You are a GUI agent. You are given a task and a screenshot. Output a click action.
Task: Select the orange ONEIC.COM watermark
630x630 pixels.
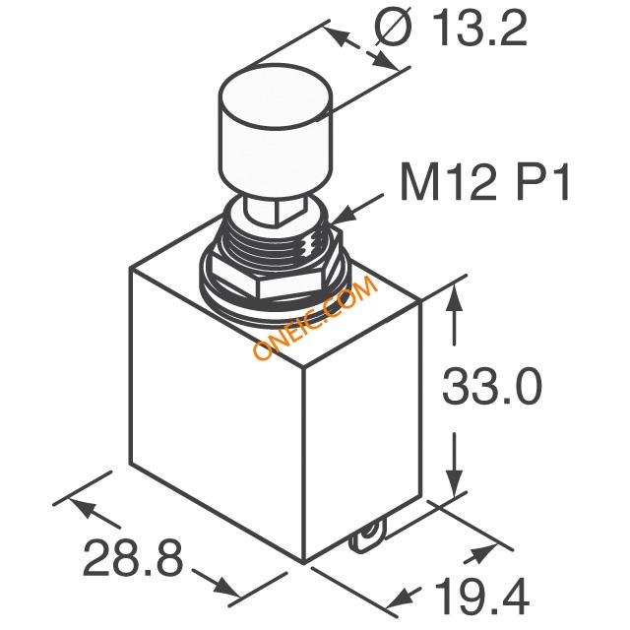click(x=315, y=318)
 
